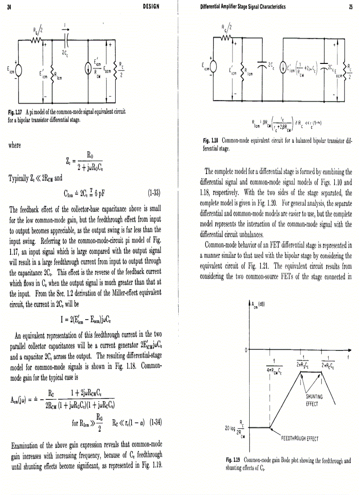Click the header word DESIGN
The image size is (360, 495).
pyautogui.click(x=151, y=7)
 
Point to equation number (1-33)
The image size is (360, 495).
pyautogui.click(x=152, y=192)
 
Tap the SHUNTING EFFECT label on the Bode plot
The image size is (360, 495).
pyautogui.click(x=315, y=398)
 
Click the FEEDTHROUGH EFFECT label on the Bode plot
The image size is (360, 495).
pyautogui.click(x=300, y=439)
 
